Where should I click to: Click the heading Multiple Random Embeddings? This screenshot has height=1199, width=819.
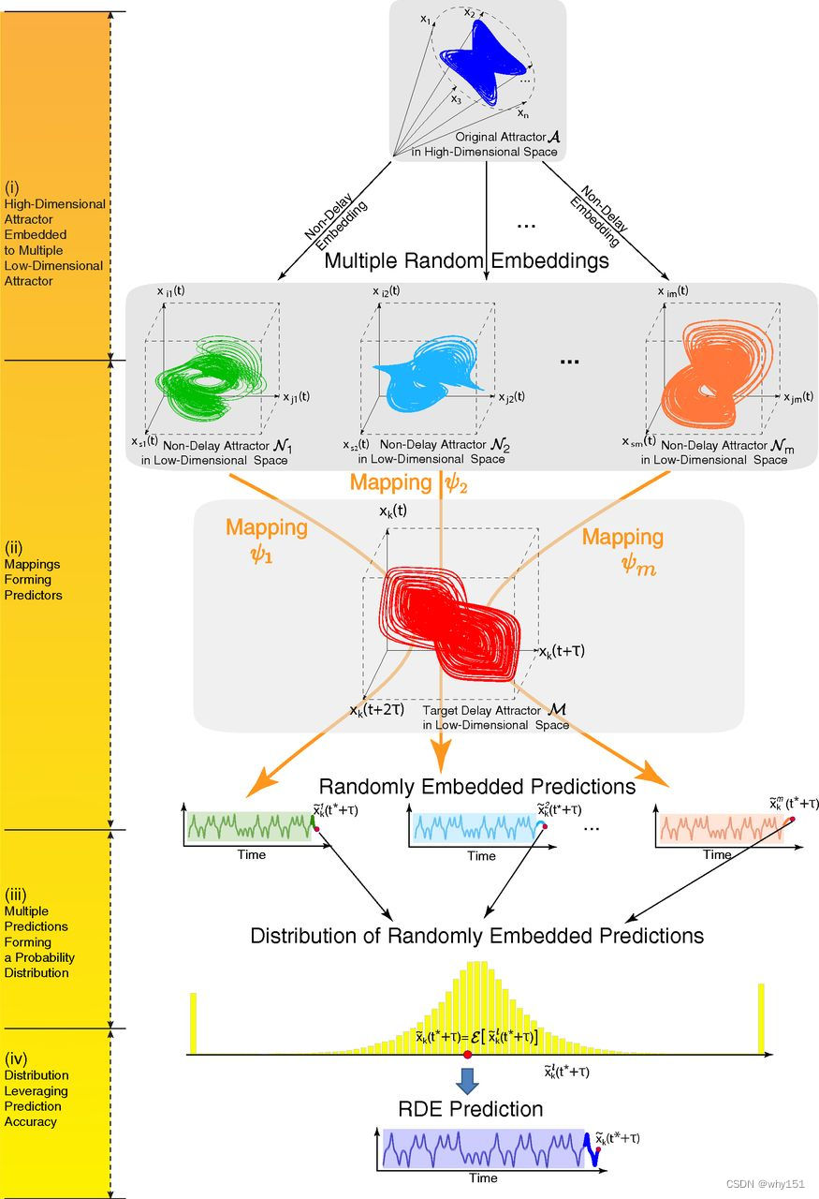[x=466, y=260]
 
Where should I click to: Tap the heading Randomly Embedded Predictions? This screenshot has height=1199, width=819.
[x=477, y=786]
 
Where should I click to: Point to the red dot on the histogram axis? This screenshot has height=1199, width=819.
[x=467, y=1056]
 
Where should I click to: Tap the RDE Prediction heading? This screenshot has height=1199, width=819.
[x=471, y=1109]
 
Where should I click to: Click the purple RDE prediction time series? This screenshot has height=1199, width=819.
[x=481, y=1147]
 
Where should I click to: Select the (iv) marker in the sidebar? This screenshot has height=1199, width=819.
[x=18, y=1058]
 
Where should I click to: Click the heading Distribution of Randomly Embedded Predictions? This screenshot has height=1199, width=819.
[x=476, y=935]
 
